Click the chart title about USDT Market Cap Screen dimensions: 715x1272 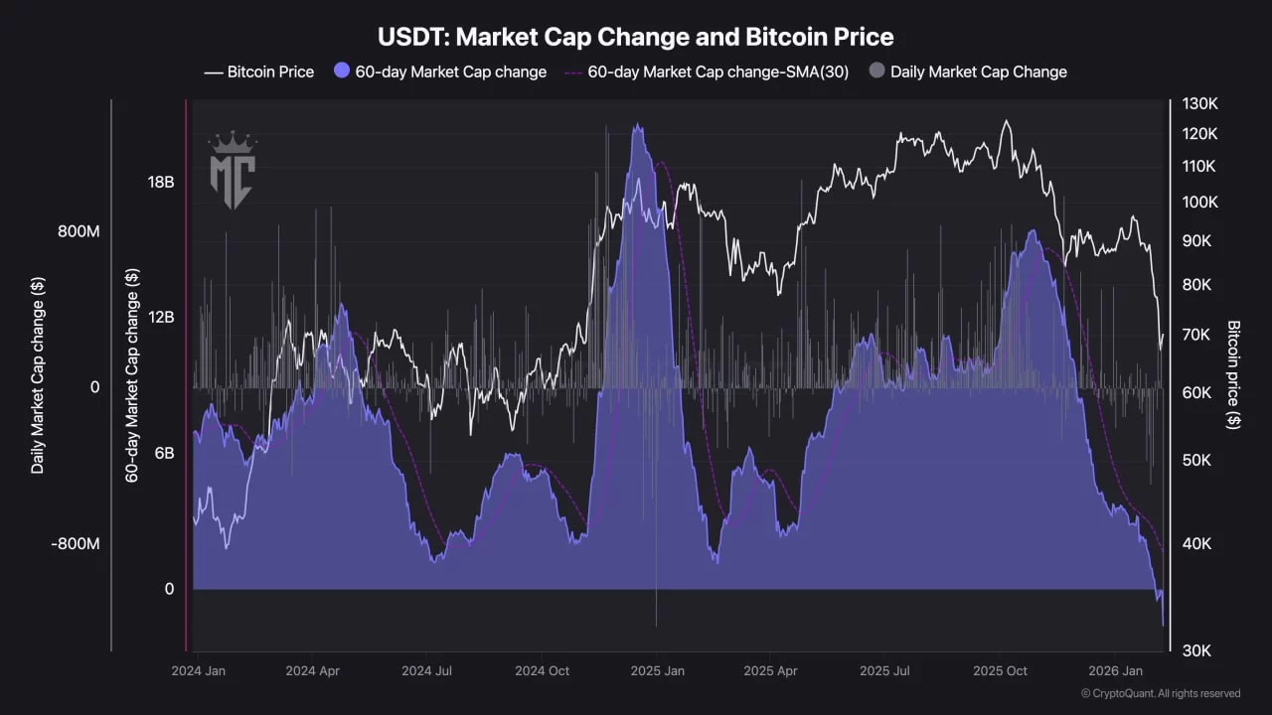pyautogui.click(x=636, y=38)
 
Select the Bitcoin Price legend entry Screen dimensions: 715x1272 pyautogui.click(x=259, y=71)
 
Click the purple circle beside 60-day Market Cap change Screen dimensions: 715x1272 pyautogui.click(x=342, y=71)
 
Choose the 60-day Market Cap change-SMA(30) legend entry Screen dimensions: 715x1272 pyautogui.click(x=707, y=71)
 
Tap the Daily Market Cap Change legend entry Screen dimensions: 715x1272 pyautogui.click(x=968, y=71)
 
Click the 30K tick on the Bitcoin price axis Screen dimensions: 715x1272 pyautogui.click(x=1196, y=650)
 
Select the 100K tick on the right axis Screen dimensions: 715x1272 pyautogui.click(x=1199, y=203)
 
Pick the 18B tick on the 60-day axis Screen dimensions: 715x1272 pyautogui.click(x=161, y=183)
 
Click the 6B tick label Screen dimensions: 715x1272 pyautogui.click(x=162, y=453)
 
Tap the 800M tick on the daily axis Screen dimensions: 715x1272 pyautogui.click(x=79, y=231)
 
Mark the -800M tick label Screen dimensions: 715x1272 pyautogui.click(x=76, y=544)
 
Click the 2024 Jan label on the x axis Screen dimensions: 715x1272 pyautogui.click(x=198, y=671)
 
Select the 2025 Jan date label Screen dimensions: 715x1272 pyautogui.click(x=657, y=671)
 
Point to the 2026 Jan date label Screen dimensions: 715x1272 pyautogui.click(x=1115, y=671)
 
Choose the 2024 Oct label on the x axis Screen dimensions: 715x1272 pyautogui.click(x=542, y=671)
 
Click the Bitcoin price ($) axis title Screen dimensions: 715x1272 pyautogui.click(x=1233, y=374)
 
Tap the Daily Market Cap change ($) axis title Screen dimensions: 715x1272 pyautogui.click(x=38, y=374)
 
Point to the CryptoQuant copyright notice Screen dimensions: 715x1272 pyautogui.click(x=1160, y=693)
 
